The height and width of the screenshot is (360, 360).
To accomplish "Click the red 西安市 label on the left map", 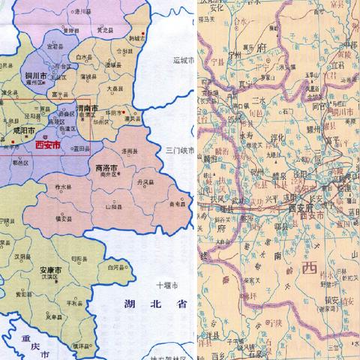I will pos(49,145).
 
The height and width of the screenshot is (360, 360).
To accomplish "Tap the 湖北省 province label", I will pos(147,305).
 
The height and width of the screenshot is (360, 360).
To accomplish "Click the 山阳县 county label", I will pos(113,205).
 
